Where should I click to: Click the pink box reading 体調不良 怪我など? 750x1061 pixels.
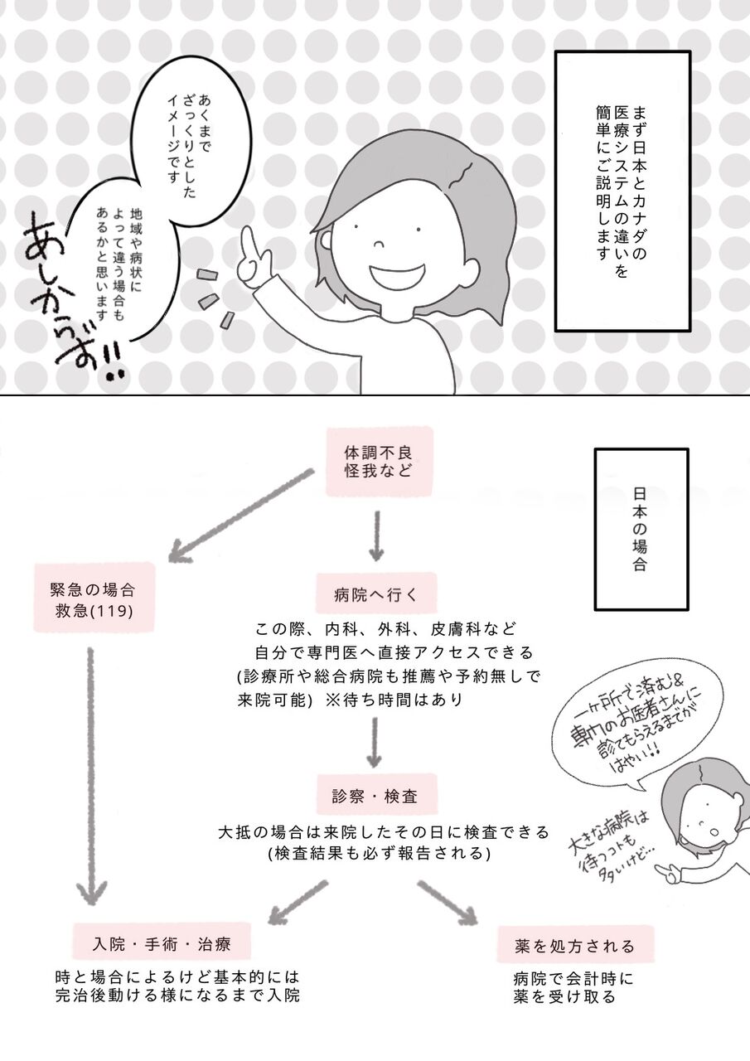coord(380,462)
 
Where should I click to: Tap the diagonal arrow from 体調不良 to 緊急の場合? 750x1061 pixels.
coord(240,514)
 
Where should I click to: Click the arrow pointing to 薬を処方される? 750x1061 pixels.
coord(448,903)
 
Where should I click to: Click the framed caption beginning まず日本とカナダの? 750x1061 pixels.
coord(622,191)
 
